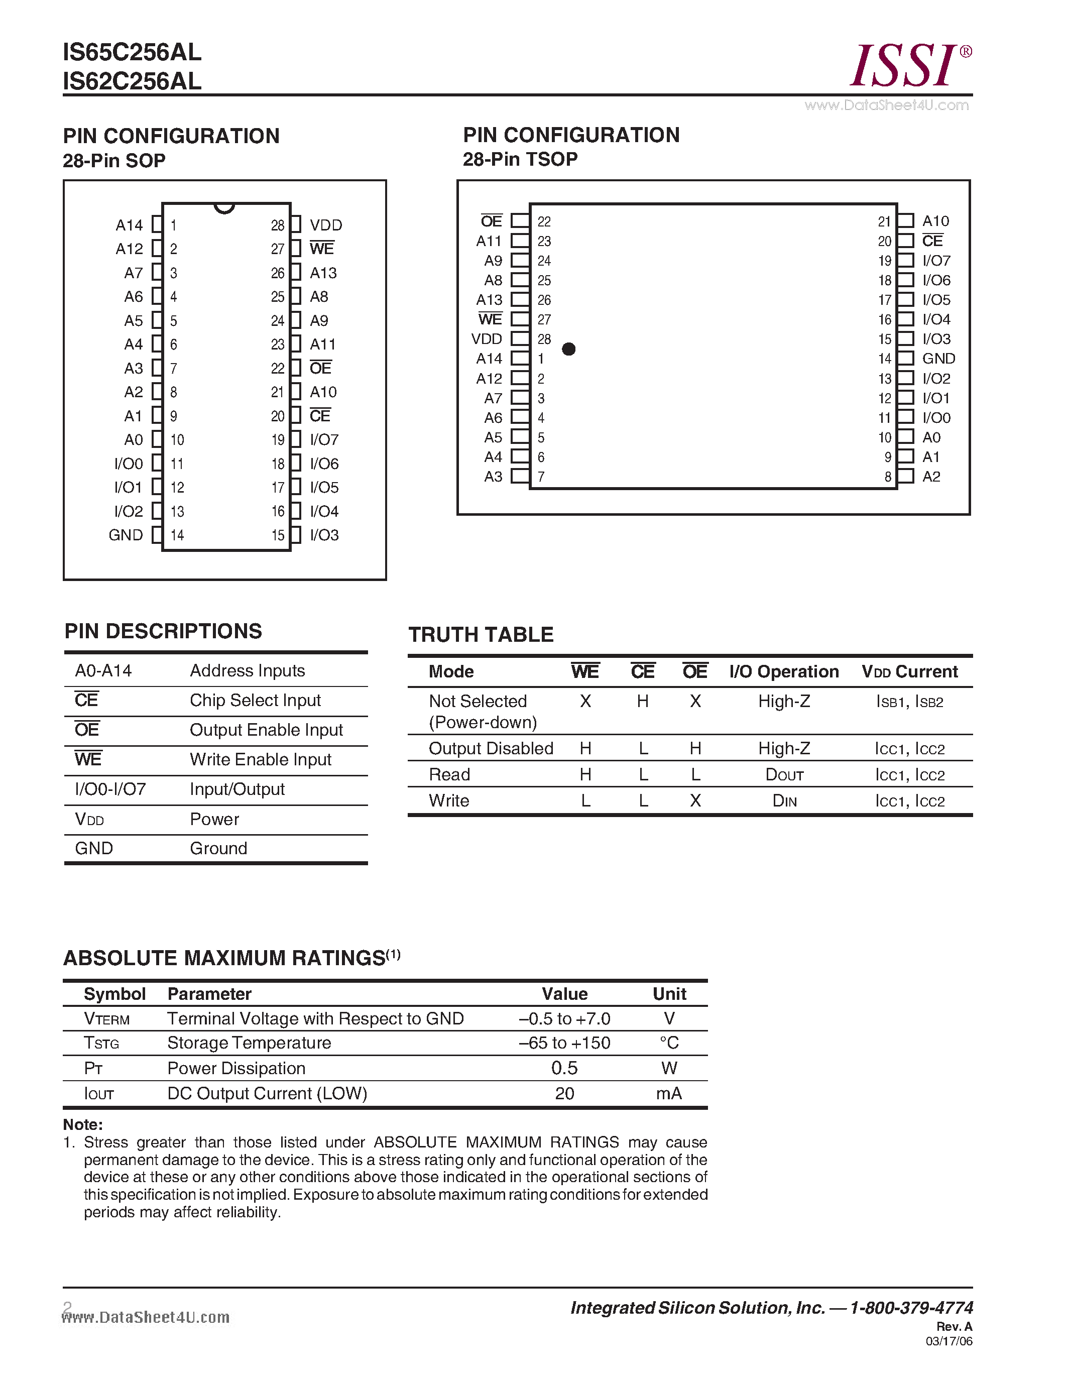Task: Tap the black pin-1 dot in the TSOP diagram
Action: pos(568,349)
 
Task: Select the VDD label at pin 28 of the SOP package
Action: pos(325,225)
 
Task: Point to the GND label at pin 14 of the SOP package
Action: pos(126,535)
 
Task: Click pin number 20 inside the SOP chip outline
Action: pos(278,416)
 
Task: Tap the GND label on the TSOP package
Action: pos(938,359)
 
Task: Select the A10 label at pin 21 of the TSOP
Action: pos(935,220)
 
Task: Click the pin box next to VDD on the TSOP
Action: pos(520,339)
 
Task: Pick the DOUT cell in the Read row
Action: pos(784,774)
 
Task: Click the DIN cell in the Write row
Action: pos(784,801)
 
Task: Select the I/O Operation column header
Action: pos(784,671)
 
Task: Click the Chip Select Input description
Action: pos(255,701)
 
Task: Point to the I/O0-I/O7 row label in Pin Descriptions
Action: pos(110,789)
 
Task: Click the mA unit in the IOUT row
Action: pos(668,1093)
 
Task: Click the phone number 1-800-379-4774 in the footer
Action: pos(911,1308)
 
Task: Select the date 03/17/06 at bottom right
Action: pos(949,1341)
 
